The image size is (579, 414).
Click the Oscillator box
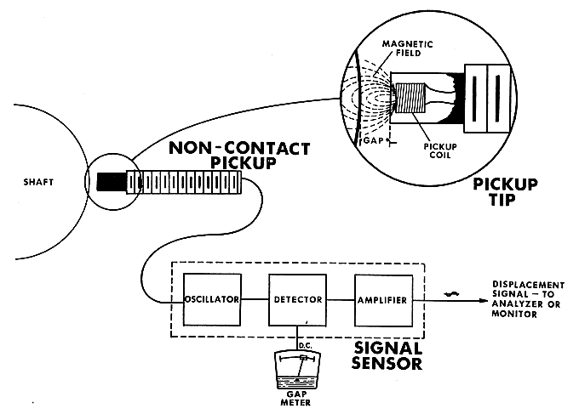[212, 300]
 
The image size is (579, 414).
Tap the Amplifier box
[382, 300]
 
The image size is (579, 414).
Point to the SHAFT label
[39, 181]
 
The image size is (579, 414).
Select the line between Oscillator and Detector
[254, 300]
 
